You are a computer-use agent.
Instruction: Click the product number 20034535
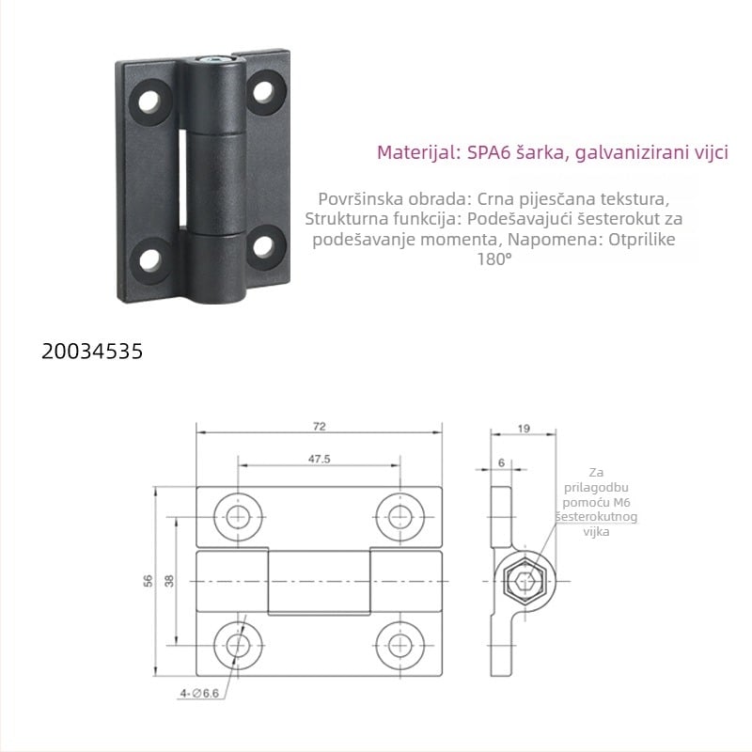[x=92, y=352]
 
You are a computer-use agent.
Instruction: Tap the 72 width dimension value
[x=319, y=426]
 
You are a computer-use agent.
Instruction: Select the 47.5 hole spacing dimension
[x=319, y=460]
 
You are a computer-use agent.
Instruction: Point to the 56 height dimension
[x=148, y=580]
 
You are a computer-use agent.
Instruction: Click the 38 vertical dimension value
[x=169, y=580]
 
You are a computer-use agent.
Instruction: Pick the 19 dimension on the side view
[x=524, y=429]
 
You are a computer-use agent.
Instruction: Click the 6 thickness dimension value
[x=501, y=462]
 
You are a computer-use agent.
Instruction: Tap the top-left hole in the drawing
[x=238, y=515]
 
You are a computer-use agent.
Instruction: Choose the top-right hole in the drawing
[x=398, y=515]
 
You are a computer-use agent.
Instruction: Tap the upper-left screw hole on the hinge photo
[x=150, y=100]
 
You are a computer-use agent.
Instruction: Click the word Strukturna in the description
[x=343, y=219]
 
